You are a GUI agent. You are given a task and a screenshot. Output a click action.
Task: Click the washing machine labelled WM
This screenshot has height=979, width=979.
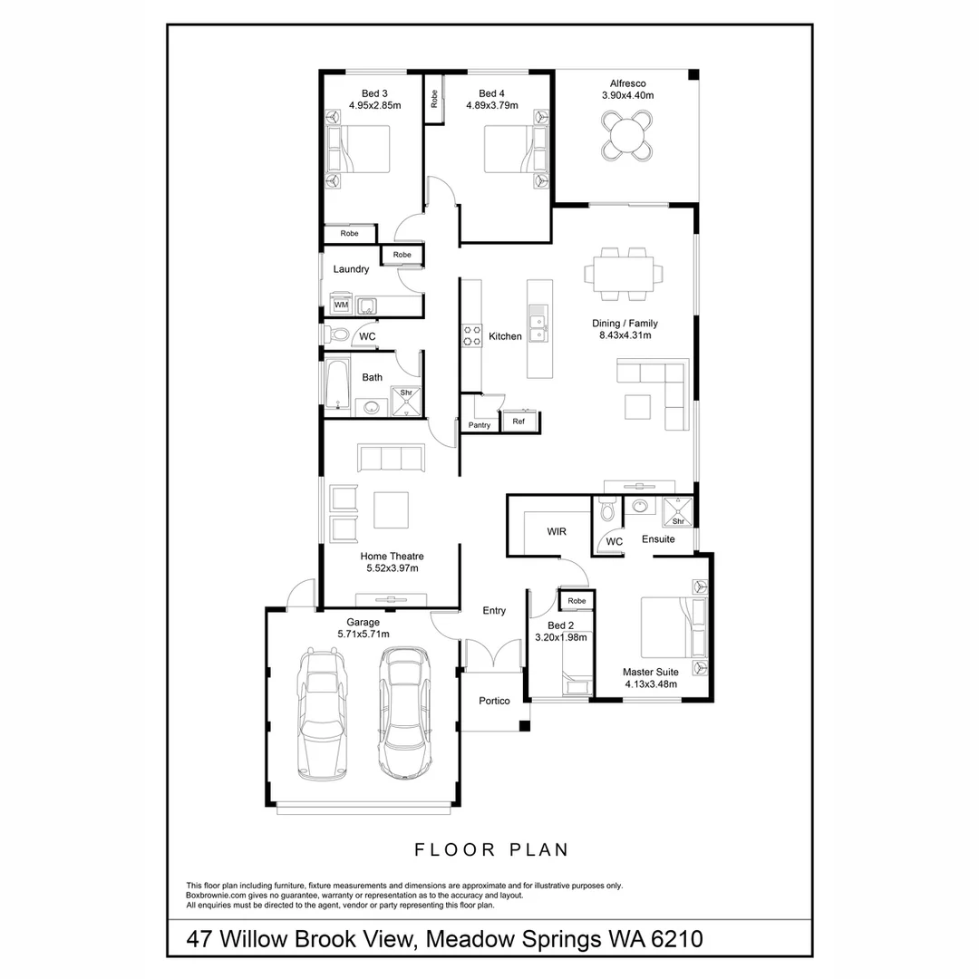342,304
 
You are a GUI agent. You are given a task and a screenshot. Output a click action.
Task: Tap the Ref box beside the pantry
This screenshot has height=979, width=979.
519,422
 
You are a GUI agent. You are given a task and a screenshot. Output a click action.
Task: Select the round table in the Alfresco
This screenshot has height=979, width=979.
627,135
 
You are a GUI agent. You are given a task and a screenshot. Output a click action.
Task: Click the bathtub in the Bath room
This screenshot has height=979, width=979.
338,383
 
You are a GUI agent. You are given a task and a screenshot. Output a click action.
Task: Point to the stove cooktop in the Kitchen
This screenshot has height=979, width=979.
472,335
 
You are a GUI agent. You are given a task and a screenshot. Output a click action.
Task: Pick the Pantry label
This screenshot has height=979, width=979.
480,425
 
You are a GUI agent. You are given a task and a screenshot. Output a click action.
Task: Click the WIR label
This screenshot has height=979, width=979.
557,531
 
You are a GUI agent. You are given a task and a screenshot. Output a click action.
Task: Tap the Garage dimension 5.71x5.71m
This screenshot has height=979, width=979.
363,635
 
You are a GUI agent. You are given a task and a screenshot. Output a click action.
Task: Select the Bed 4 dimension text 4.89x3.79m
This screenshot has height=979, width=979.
492,105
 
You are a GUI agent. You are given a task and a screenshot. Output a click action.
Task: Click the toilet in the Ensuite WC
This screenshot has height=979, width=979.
606,509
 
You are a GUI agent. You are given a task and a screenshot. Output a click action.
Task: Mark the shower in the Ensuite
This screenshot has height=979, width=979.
677,512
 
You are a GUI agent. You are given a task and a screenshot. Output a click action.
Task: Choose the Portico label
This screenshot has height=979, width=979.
495,701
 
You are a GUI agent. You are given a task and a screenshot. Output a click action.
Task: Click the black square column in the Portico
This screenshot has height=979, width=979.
525,725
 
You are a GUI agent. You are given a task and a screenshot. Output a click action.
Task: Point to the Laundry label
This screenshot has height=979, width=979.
351,269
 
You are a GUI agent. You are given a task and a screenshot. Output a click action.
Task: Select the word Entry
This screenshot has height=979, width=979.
494,611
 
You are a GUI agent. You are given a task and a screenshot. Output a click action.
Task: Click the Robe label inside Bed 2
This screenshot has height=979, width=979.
577,601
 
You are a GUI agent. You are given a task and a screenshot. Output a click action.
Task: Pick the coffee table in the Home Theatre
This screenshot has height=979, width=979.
391,510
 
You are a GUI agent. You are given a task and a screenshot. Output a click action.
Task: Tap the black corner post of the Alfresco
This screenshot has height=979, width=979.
693,74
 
